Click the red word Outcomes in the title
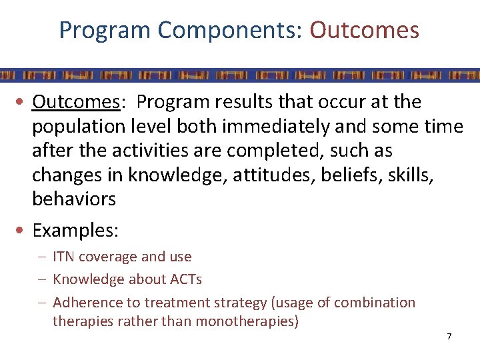(364, 30)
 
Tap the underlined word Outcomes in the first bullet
(76, 102)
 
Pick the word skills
(397, 174)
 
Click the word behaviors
(74, 198)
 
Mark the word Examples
(74, 231)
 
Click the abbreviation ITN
(64, 257)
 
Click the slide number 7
(449, 337)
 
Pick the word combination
(375, 303)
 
